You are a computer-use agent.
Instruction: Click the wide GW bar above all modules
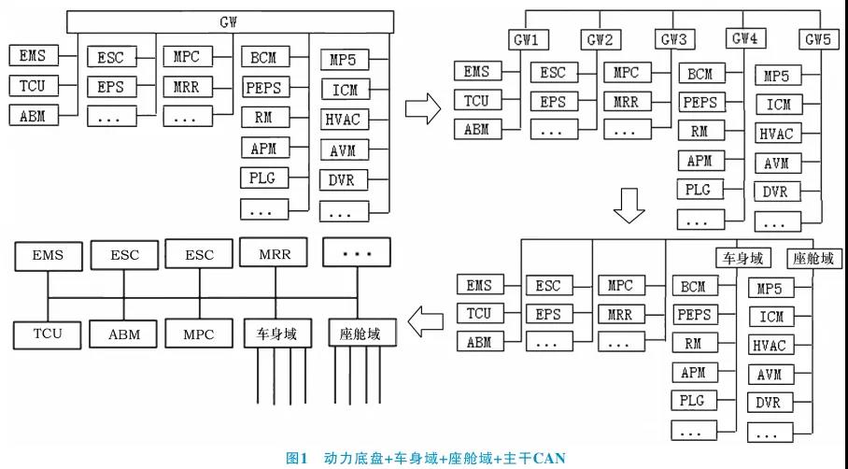230,20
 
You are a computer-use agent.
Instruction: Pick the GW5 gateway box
820,40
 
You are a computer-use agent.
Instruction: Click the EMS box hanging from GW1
477,72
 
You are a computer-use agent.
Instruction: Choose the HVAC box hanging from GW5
775,134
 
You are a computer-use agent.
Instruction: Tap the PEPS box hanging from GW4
700,102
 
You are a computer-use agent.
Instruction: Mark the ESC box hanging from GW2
553,73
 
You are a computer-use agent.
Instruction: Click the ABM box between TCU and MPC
124,334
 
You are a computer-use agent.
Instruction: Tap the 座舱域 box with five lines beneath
360,334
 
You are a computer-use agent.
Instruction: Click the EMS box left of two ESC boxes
47,255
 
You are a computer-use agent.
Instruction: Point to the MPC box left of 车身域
198,334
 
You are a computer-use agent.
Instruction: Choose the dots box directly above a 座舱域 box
360,254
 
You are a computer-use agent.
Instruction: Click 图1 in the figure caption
296,458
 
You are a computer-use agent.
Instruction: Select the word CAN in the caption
548,458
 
